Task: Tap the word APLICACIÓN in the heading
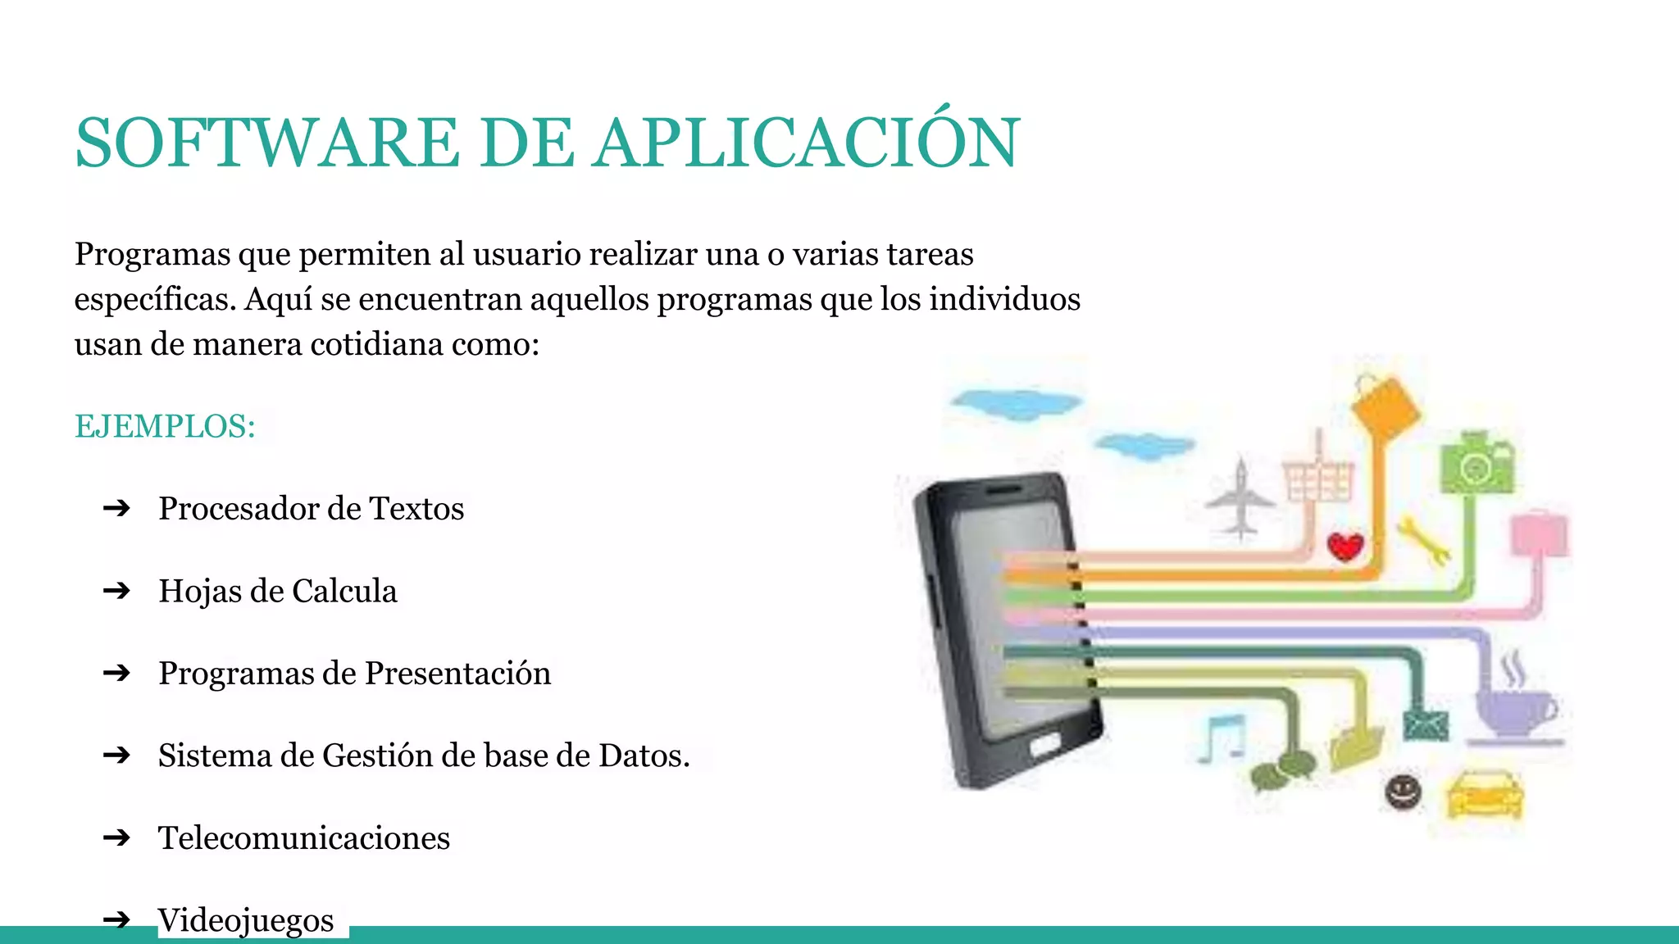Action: click(807, 143)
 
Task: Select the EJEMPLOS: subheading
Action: click(165, 426)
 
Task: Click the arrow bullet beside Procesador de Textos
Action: click(117, 508)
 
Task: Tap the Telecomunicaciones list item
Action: click(304, 837)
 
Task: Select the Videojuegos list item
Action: click(246, 919)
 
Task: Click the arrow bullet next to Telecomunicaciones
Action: click(117, 837)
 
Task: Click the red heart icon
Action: click(1345, 546)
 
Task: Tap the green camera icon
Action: click(1477, 464)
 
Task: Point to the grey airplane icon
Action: click(1240, 499)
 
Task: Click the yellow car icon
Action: click(1485, 794)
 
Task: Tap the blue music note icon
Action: click(1222, 737)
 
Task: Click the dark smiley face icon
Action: click(1403, 792)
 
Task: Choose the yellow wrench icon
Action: click(1424, 541)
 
